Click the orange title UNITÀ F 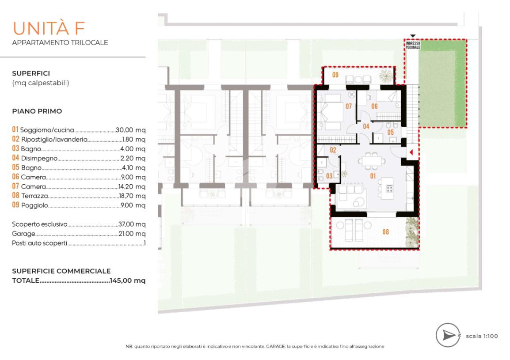point(49,28)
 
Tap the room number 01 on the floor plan point(373,176)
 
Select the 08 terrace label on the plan point(385,232)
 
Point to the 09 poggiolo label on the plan point(335,75)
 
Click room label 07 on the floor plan point(349,106)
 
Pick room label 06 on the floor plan point(374,106)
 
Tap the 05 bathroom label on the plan point(390,133)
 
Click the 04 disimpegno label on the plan point(366,126)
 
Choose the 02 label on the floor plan point(333,150)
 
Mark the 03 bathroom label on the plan point(329,176)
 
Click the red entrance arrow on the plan point(411,152)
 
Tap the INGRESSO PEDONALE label point(413,45)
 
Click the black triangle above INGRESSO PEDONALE point(413,36)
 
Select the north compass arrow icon point(449,335)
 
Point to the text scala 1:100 point(482,336)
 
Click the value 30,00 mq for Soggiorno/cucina point(130,130)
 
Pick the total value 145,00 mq point(127,280)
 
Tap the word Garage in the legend point(23,234)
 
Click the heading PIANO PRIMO point(37,111)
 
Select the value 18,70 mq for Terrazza point(132,196)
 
